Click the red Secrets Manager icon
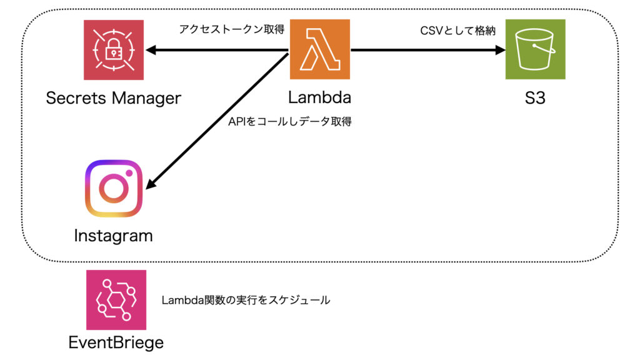point(114,49)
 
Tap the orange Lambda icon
point(319,49)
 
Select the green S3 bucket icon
point(535,49)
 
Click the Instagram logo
point(113,189)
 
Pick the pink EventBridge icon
point(116,299)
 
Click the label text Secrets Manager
point(113,98)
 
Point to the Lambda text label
point(319,98)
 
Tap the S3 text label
point(534,98)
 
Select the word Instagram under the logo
point(113,236)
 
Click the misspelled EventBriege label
point(116,342)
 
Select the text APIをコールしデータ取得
point(290,121)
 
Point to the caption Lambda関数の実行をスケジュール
point(246,300)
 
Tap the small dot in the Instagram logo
point(129,173)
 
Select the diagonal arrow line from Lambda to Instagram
point(219,119)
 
